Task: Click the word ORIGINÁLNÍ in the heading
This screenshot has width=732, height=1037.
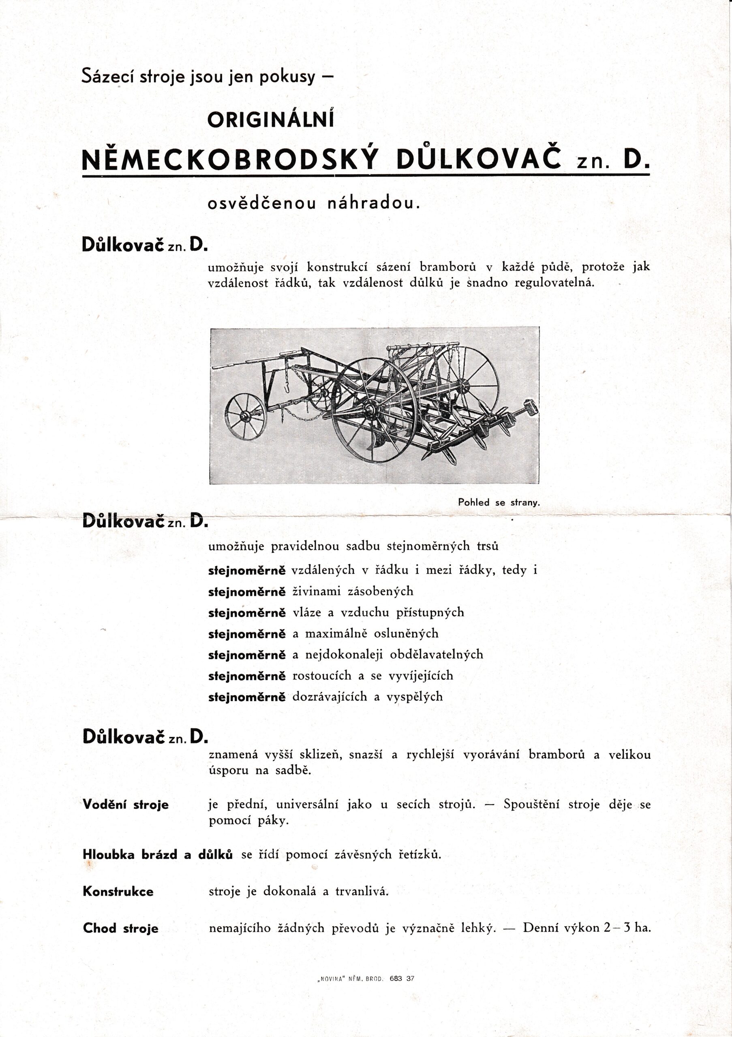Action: tap(270, 119)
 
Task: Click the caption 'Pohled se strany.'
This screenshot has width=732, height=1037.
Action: tap(499, 502)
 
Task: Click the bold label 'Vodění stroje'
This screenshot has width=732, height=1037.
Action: tap(126, 804)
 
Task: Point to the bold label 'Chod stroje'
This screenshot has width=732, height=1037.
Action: tap(121, 928)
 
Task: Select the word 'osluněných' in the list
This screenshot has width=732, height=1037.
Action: tap(406, 634)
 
